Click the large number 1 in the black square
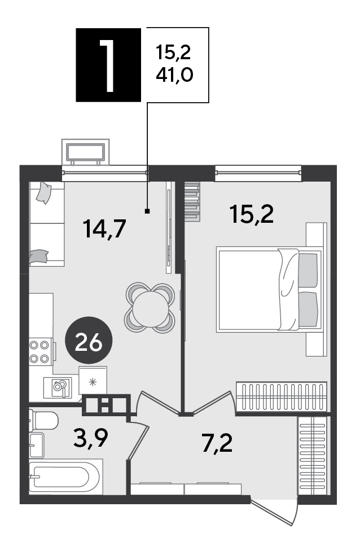tap(108, 65)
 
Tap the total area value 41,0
tap(174, 74)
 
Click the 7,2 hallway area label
tap(217, 443)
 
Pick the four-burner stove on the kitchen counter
tap(39, 352)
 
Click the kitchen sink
tap(59, 387)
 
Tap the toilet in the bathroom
tap(43, 421)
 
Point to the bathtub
tap(65, 477)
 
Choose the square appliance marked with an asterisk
tap(93, 381)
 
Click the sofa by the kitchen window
tap(47, 224)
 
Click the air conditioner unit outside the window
tap(85, 152)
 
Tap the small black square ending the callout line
tap(147, 211)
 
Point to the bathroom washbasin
tap(37, 445)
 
